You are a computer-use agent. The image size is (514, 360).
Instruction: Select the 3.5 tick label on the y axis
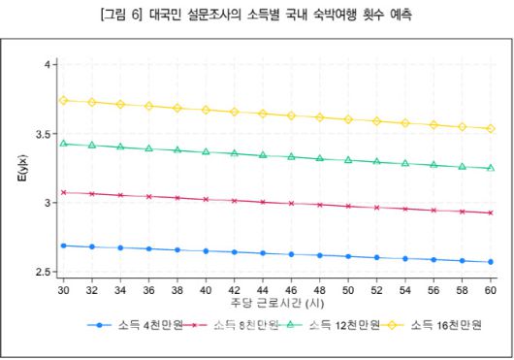point(44,134)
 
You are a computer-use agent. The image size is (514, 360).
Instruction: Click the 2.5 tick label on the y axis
point(44,273)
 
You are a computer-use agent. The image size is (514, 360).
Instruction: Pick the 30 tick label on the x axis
point(63,289)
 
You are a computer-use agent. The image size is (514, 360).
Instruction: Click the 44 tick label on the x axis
point(263,289)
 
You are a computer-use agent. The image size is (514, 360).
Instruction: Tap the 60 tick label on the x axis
point(491,289)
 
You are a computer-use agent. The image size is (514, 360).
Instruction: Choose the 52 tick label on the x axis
point(376,289)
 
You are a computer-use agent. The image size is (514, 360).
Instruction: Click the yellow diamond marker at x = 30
point(63,100)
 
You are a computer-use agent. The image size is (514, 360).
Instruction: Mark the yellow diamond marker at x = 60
point(491,128)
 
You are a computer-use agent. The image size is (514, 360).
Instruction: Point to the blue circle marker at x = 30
point(63,245)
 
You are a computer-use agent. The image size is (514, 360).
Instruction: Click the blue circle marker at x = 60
point(491,262)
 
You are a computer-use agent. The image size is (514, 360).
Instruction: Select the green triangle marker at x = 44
point(263,154)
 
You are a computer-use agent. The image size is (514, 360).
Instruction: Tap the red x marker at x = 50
point(348,206)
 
